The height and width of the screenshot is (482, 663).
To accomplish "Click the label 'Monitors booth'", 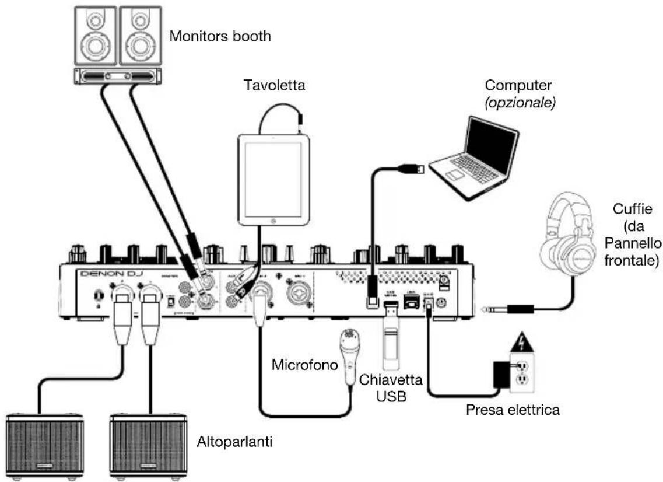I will [x=220, y=36].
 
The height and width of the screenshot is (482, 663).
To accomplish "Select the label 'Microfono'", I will [x=304, y=366].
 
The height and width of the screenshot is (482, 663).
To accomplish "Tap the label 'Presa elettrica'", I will [x=513, y=410].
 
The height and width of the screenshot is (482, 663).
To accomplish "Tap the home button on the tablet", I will [x=273, y=221].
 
